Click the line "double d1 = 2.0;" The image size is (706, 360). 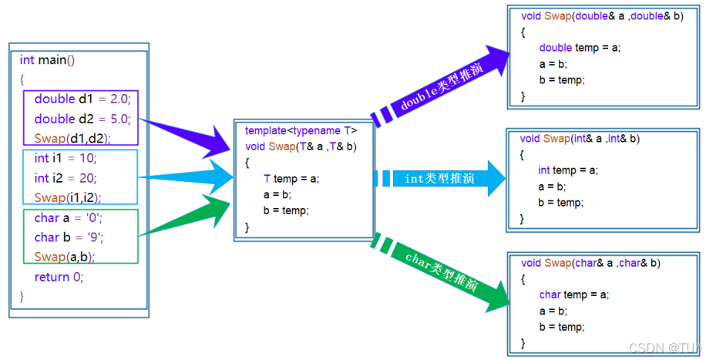coord(83,99)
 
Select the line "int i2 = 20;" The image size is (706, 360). coord(66,178)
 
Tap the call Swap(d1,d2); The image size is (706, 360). coord(72,138)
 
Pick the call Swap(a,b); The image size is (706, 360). coord(65,257)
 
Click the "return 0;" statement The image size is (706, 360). coord(59,277)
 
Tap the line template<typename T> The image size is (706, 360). coord(301,131)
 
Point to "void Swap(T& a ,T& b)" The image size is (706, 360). coord(301,146)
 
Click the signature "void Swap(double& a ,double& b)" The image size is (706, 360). coord(602,16)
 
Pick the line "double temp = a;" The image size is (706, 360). coord(580,48)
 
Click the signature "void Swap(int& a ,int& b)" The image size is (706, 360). coord(580,139)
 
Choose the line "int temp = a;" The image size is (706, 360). coord(568,170)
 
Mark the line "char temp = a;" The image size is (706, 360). coord(574,294)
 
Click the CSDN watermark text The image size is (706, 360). coord(664,348)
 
